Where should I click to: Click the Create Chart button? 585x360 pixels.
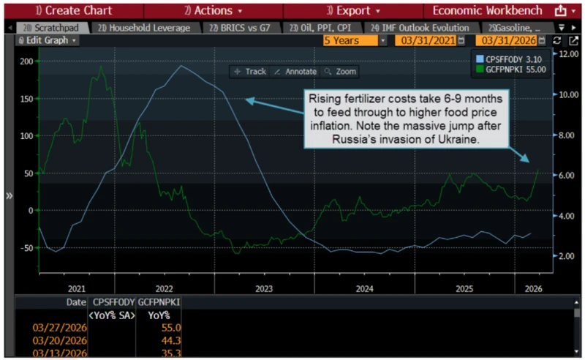tap(71, 11)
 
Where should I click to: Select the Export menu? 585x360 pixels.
tap(352, 11)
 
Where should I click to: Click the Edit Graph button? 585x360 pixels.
tap(48, 40)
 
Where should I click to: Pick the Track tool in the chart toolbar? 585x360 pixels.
tap(250, 72)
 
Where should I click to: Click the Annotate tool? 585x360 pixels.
tap(295, 72)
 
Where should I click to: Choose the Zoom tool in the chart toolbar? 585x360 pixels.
tap(340, 72)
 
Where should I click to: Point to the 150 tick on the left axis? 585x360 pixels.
tap(26, 98)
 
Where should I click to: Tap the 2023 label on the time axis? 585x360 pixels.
tap(264, 288)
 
